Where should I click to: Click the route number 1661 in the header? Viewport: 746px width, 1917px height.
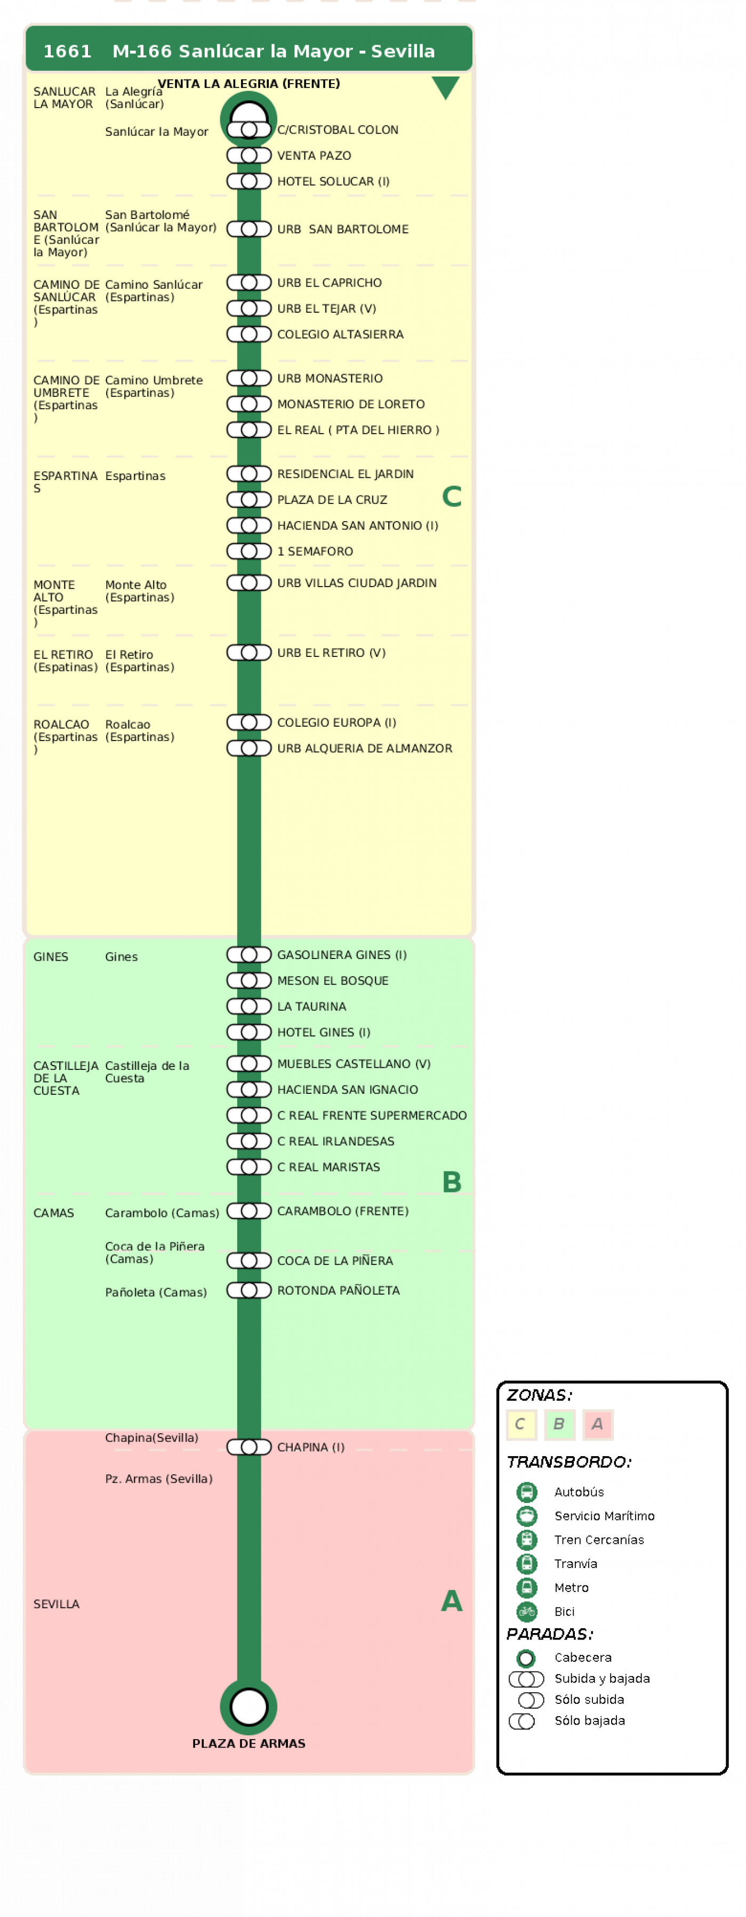click(67, 51)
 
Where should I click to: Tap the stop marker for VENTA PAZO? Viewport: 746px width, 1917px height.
click(248, 156)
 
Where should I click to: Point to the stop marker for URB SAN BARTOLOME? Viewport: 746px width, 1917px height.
click(248, 229)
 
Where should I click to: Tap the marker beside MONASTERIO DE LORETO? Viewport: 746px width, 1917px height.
click(248, 404)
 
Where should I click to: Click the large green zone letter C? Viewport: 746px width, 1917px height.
click(451, 497)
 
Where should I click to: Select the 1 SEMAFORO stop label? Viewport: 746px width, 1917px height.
click(315, 551)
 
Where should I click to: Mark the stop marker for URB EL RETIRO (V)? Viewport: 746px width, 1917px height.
click(248, 653)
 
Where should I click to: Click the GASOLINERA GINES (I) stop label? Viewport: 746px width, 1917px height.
click(342, 955)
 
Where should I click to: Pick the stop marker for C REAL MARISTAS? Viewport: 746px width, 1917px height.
click(248, 1167)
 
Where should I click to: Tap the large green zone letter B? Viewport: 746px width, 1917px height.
click(451, 1182)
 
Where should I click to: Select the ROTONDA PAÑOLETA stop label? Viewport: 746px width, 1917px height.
click(338, 1290)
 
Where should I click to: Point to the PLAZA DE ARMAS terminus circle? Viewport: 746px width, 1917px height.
click(248, 1707)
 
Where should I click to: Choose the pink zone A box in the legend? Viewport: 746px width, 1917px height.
click(597, 1424)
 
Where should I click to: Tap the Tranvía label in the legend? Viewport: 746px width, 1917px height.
click(575, 1564)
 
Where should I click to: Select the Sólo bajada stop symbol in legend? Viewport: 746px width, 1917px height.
click(522, 1720)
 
